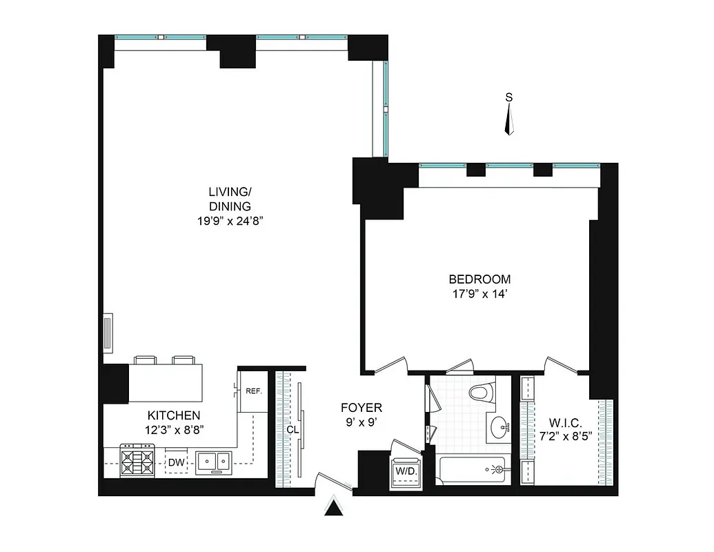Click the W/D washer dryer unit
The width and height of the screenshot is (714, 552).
tap(404, 471)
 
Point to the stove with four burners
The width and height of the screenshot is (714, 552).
tap(137, 460)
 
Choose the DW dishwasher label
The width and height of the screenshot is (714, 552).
tap(177, 462)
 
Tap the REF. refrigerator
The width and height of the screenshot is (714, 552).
tap(253, 392)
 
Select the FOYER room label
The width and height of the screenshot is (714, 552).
tap(361, 408)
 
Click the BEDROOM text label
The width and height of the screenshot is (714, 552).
tap(479, 279)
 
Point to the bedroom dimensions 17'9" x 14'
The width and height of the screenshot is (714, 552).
tap(479, 295)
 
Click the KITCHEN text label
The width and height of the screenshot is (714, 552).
tap(174, 415)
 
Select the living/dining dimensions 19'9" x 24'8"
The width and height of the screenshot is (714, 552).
tap(230, 221)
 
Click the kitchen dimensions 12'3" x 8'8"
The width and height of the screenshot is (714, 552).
tap(174, 429)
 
